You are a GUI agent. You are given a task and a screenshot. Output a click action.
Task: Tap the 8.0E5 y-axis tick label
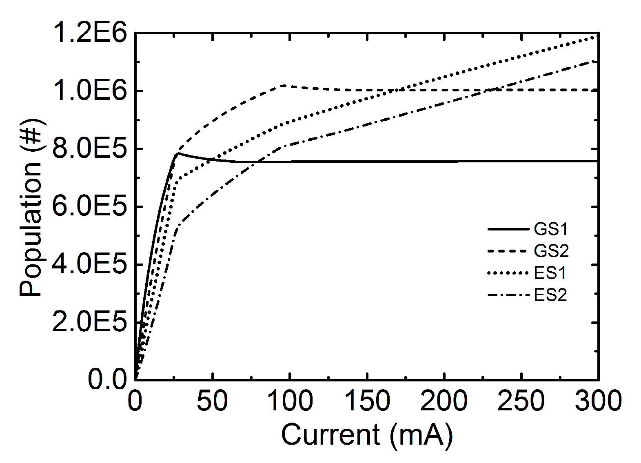(x=90, y=149)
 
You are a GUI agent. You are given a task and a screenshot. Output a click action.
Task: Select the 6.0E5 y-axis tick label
(x=90, y=207)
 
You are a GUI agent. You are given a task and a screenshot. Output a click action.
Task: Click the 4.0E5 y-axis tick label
(x=90, y=265)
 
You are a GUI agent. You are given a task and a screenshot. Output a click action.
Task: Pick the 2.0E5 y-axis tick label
(x=90, y=323)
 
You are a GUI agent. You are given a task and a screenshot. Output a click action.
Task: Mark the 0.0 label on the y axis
(x=107, y=380)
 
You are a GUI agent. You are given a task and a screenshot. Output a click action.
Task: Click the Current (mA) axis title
(x=367, y=435)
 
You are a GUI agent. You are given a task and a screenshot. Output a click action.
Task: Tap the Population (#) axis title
(x=32, y=208)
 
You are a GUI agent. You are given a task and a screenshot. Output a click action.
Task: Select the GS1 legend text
(x=551, y=230)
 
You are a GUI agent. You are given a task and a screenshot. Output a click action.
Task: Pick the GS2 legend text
(x=551, y=251)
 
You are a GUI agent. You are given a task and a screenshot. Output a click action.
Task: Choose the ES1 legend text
(x=550, y=273)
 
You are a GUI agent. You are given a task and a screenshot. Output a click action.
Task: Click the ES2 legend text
(x=550, y=295)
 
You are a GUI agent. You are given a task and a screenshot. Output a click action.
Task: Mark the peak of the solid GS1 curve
(x=177, y=153)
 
